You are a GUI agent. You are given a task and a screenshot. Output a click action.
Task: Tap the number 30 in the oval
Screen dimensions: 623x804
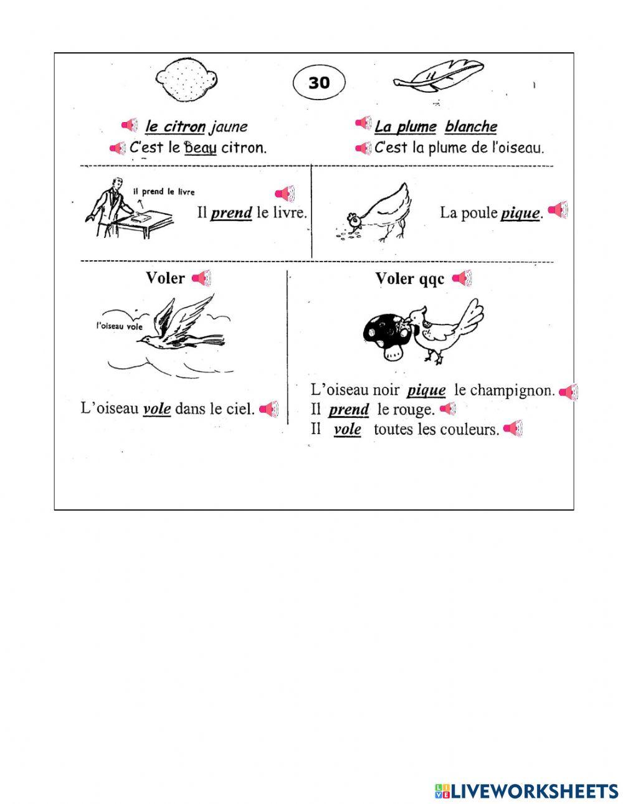(319, 82)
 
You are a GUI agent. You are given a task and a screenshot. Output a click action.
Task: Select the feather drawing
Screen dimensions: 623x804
(439, 77)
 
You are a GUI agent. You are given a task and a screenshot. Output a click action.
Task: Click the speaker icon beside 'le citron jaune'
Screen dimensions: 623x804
(130, 125)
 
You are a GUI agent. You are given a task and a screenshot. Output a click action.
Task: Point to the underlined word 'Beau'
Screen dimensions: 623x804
(200, 148)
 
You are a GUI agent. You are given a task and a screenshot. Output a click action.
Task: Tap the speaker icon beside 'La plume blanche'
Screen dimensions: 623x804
(363, 123)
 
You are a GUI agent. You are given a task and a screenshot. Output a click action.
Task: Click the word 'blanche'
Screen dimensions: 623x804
(470, 126)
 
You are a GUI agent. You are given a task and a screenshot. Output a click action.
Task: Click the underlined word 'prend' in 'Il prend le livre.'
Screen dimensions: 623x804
(231, 213)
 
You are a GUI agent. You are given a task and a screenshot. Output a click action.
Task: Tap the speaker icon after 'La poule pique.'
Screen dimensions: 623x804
(558, 210)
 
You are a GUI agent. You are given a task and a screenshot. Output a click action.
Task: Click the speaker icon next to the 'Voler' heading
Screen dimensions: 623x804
(201, 278)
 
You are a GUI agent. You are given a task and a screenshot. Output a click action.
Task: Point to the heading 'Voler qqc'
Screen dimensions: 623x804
(409, 278)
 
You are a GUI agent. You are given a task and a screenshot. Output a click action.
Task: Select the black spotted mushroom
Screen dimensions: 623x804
(388, 336)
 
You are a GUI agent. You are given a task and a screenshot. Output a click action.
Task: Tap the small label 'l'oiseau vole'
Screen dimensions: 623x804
(119, 326)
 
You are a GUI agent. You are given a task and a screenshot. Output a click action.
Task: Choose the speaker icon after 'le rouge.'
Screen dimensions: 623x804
(448, 409)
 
